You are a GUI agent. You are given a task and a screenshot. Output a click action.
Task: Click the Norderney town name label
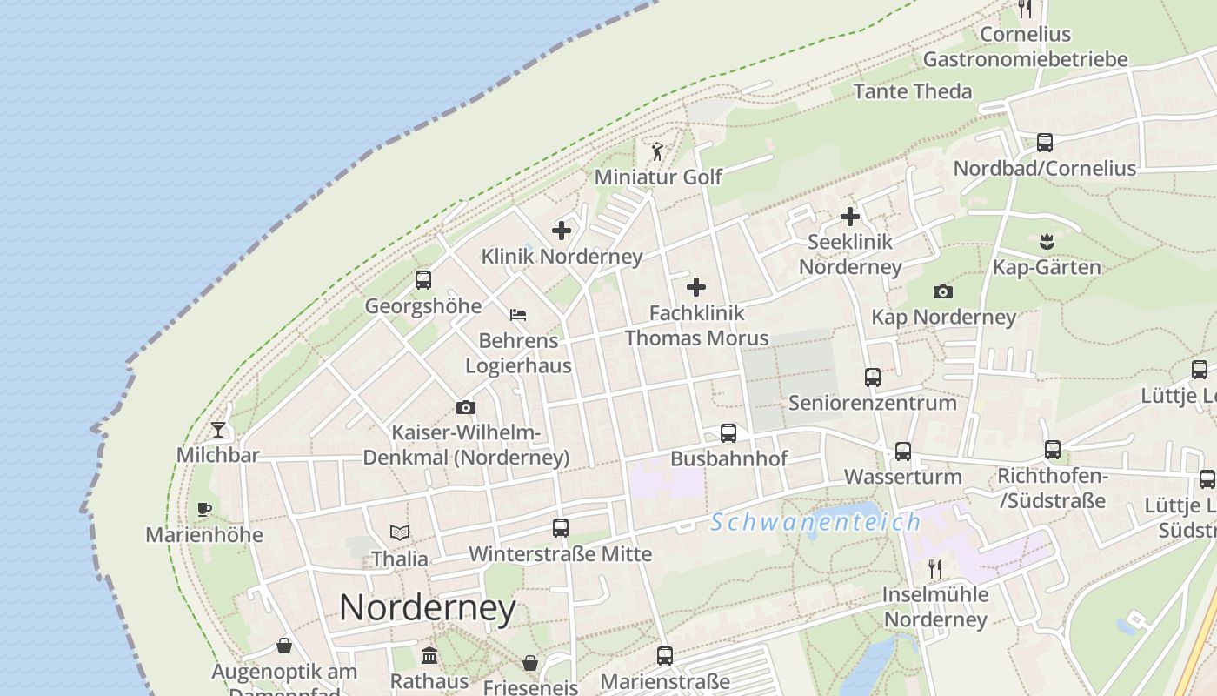[x=428, y=607]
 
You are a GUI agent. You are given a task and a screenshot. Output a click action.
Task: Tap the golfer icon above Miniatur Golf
[x=657, y=152]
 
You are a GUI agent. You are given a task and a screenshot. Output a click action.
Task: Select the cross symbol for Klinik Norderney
[x=562, y=231]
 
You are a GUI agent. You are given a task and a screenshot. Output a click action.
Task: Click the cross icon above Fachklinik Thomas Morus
[x=696, y=287]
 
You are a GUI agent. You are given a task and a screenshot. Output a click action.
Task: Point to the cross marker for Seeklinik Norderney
[x=850, y=217]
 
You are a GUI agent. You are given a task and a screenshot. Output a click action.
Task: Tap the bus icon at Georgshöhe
[x=423, y=280]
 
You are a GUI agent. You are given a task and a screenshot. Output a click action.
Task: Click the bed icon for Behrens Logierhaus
[x=518, y=314]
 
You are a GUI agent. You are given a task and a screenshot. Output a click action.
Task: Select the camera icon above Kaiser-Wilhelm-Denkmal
[x=466, y=407]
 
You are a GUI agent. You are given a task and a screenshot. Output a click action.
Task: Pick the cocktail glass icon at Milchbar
[x=217, y=430]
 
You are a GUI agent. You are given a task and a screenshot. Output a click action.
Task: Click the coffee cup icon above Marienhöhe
[x=204, y=509]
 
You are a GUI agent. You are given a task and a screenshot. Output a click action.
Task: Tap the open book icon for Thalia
[x=400, y=532]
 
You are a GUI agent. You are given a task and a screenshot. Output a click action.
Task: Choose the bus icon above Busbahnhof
[x=728, y=433]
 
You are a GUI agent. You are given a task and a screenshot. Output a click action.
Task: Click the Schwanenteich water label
[x=815, y=522]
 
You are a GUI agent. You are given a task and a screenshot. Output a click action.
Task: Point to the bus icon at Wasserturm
[x=903, y=452]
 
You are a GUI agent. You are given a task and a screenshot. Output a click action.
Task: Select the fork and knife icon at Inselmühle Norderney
[x=935, y=569]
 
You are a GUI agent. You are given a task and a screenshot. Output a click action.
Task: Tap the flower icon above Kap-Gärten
[x=1046, y=240]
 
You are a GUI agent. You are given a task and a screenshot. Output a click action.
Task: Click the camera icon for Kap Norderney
[x=943, y=291]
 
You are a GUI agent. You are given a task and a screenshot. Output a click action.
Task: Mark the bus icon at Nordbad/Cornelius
[x=1045, y=143]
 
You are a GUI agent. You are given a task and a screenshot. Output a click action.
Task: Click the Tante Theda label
[x=913, y=91]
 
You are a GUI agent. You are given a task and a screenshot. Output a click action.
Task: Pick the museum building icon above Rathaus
[x=429, y=655]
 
